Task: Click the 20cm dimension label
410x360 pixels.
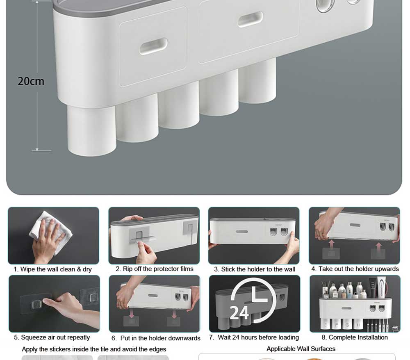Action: tap(31, 81)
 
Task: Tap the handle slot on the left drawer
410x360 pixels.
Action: tap(153, 46)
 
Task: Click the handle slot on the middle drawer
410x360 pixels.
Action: tap(250, 19)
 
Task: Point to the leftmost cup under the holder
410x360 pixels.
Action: tap(91, 130)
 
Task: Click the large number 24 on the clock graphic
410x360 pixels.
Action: tap(239, 312)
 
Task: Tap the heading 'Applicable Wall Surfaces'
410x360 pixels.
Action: tap(301, 349)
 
